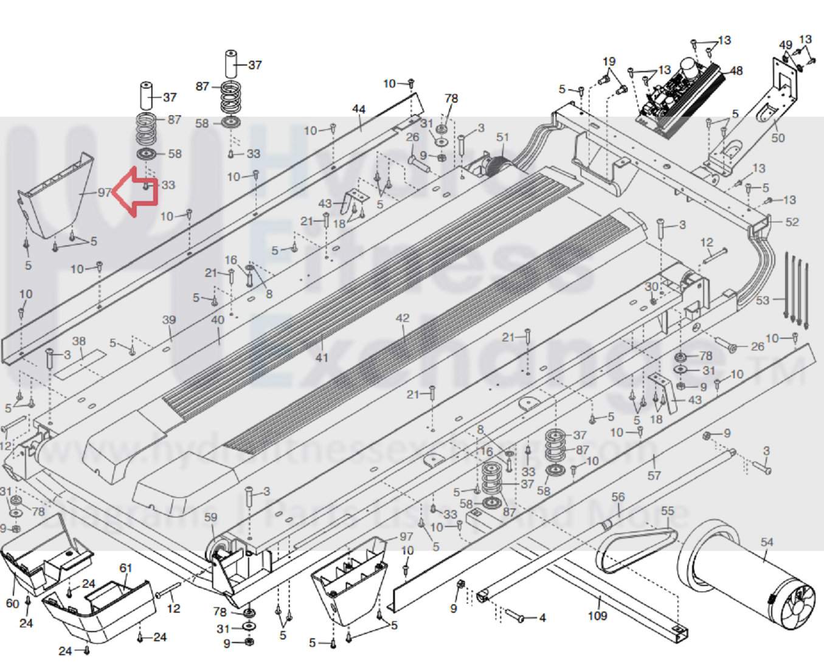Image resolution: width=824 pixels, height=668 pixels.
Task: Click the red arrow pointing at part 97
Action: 135,191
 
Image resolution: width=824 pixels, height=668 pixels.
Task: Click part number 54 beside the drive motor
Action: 767,542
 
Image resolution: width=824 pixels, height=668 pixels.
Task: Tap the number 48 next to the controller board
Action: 736,71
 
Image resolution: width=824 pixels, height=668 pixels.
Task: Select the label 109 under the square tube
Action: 597,616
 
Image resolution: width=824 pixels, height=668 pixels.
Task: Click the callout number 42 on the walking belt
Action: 403,318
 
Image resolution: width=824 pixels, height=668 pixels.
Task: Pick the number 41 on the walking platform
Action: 322,358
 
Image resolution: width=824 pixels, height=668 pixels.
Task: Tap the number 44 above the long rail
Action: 359,109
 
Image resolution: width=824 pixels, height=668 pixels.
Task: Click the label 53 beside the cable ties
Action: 763,300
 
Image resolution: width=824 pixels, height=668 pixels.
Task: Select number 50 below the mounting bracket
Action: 778,138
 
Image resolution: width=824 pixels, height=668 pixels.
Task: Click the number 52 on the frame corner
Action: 792,222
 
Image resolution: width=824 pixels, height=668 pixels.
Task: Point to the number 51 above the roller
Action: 502,137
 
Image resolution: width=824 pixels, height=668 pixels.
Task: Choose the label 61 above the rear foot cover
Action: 126,568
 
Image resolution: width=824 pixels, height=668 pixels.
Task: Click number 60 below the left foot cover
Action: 12,603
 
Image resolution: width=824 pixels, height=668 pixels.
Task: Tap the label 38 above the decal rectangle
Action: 79,341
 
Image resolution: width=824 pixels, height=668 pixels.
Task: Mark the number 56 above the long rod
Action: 618,497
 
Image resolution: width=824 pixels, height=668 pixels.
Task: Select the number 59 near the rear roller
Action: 210,517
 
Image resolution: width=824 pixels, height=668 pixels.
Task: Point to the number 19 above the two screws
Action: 609,61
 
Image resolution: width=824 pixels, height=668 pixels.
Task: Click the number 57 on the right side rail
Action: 654,475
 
